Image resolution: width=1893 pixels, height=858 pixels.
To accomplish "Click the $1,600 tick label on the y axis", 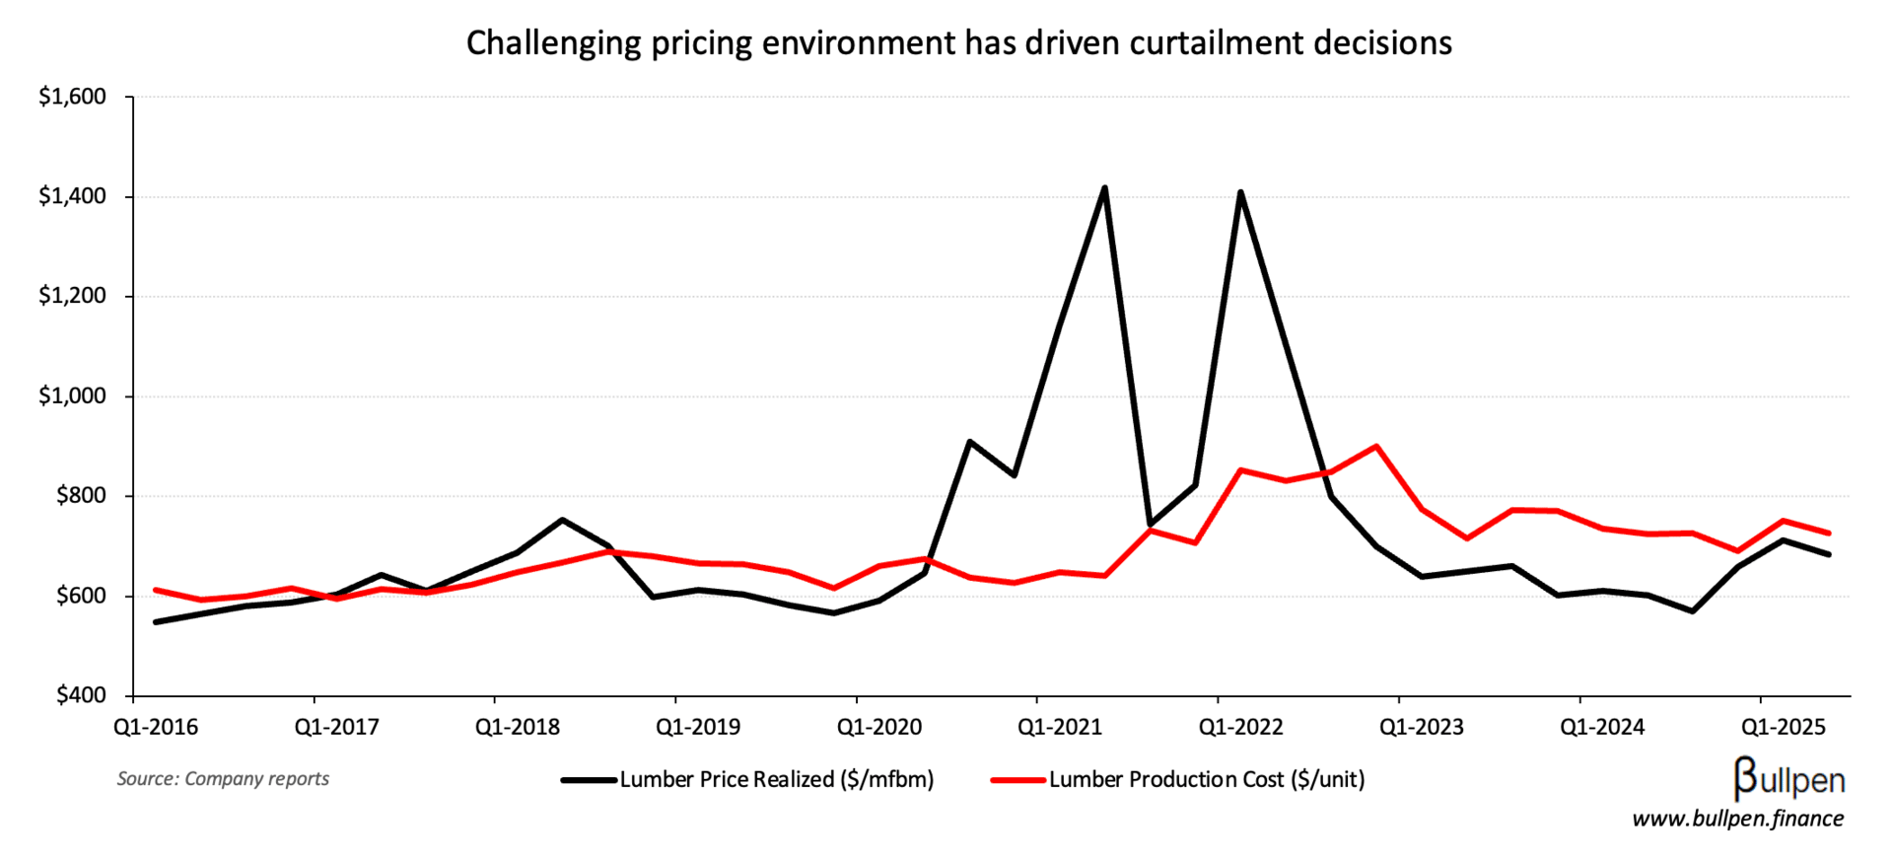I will tap(72, 97).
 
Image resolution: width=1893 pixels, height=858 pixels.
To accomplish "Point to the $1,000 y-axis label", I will tap(72, 396).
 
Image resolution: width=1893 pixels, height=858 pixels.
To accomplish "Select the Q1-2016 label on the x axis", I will tap(156, 728).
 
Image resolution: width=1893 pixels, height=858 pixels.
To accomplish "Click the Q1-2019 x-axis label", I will tap(698, 728).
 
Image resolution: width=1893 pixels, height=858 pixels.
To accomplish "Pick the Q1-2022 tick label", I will tap(1240, 728).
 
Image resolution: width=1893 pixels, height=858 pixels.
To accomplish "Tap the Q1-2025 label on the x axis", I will tap(1783, 728).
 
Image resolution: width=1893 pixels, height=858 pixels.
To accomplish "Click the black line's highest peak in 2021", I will tap(1104, 187).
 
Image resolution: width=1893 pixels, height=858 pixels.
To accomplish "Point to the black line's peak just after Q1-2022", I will tap(1240, 192).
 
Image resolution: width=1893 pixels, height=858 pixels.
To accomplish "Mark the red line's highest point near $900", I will tap(1375, 446).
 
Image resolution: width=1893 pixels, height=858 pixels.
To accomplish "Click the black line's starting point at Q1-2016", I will tap(156, 622).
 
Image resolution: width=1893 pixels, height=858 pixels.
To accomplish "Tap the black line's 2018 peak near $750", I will tap(562, 520).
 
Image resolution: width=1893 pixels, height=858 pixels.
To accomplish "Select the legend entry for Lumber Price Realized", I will tap(776, 780).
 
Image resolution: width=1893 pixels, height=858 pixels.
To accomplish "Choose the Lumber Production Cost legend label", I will tap(1206, 780).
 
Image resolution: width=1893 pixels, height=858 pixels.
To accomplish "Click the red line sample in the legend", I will tap(1017, 780).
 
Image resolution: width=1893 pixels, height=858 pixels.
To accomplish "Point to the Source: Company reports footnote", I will tap(223, 779).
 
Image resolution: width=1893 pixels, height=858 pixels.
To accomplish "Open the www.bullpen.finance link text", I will tap(1737, 819).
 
